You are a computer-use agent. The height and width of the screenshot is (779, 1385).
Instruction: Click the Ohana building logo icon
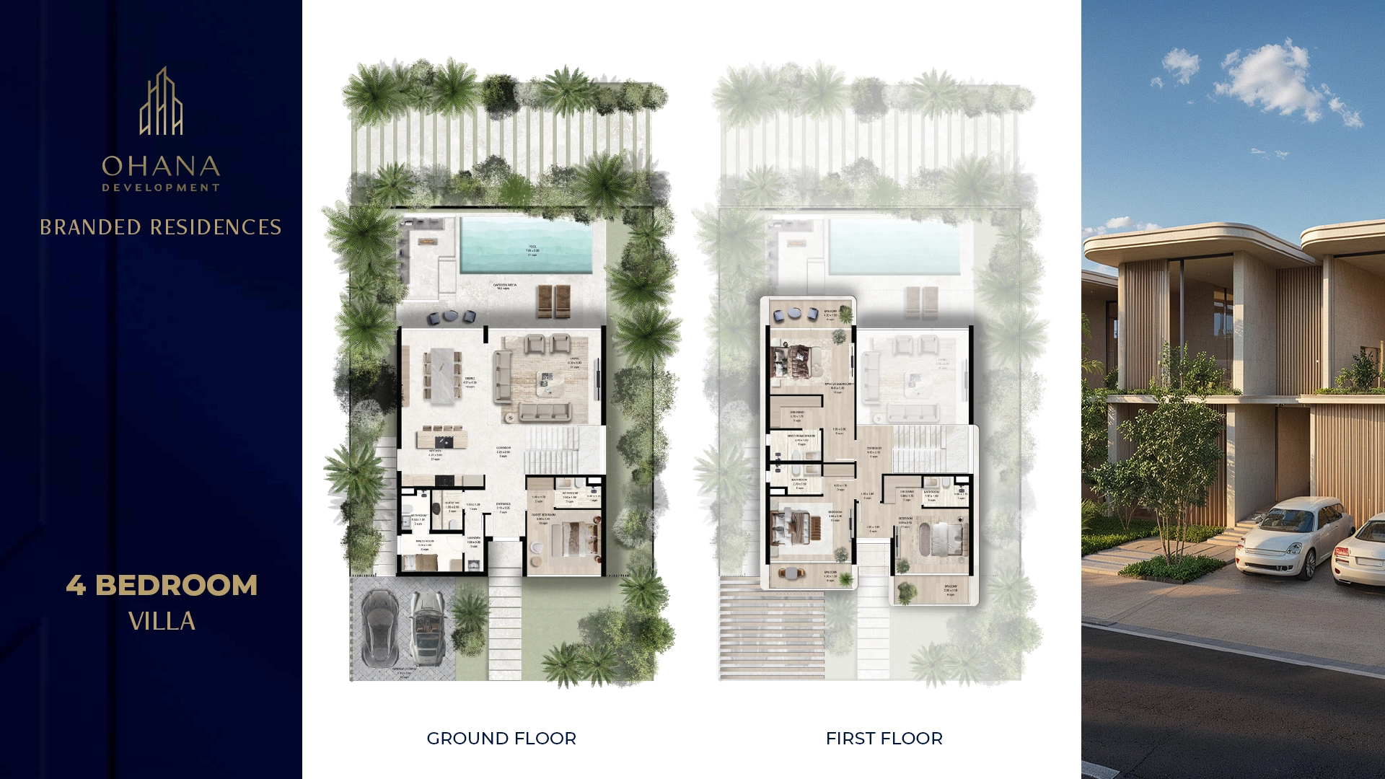161,102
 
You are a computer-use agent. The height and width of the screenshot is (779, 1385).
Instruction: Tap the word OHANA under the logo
161,167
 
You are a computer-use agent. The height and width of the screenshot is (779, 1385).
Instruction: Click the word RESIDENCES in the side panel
216,227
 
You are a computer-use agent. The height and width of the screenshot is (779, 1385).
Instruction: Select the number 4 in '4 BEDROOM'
76,585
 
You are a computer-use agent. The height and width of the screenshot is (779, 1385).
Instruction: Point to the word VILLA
162,621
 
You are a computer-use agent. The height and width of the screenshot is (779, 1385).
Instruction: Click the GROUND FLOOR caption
501,739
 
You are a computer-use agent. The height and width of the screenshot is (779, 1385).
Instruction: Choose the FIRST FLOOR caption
884,739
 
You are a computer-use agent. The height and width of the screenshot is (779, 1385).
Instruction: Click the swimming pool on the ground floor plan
526,246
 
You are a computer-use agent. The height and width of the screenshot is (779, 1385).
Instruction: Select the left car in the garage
380,627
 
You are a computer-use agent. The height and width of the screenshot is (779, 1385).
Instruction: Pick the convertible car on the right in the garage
428,627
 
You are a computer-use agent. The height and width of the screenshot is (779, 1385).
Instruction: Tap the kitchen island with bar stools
441,437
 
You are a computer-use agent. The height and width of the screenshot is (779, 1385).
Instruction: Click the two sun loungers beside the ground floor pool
553,301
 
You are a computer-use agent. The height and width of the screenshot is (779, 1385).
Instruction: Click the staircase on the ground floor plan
553,449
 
